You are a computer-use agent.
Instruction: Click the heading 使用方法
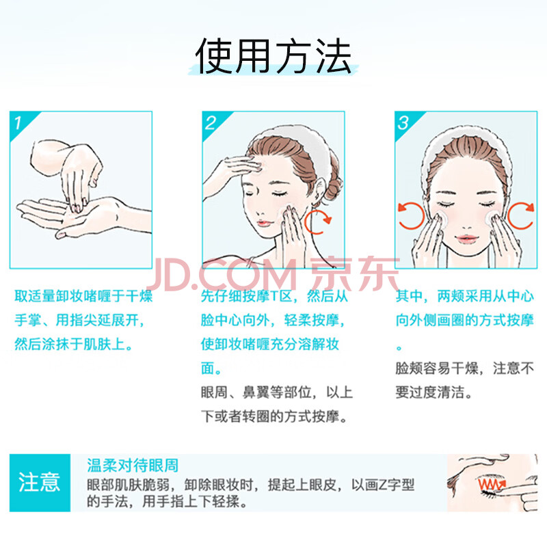click(x=273, y=57)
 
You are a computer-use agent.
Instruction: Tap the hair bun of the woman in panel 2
click(x=332, y=190)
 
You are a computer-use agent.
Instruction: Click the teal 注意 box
click(x=40, y=483)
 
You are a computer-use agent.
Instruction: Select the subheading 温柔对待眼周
click(x=133, y=466)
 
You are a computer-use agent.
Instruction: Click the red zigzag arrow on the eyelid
click(x=492, y=484)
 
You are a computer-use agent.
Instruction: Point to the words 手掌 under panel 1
click(x=28, y=320)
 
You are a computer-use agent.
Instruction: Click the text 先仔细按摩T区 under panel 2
click(x=246, y=296)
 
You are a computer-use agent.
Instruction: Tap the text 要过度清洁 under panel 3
click(x=430, y=392)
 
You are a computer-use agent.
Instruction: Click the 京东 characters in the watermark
click(x=354, y=275)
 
